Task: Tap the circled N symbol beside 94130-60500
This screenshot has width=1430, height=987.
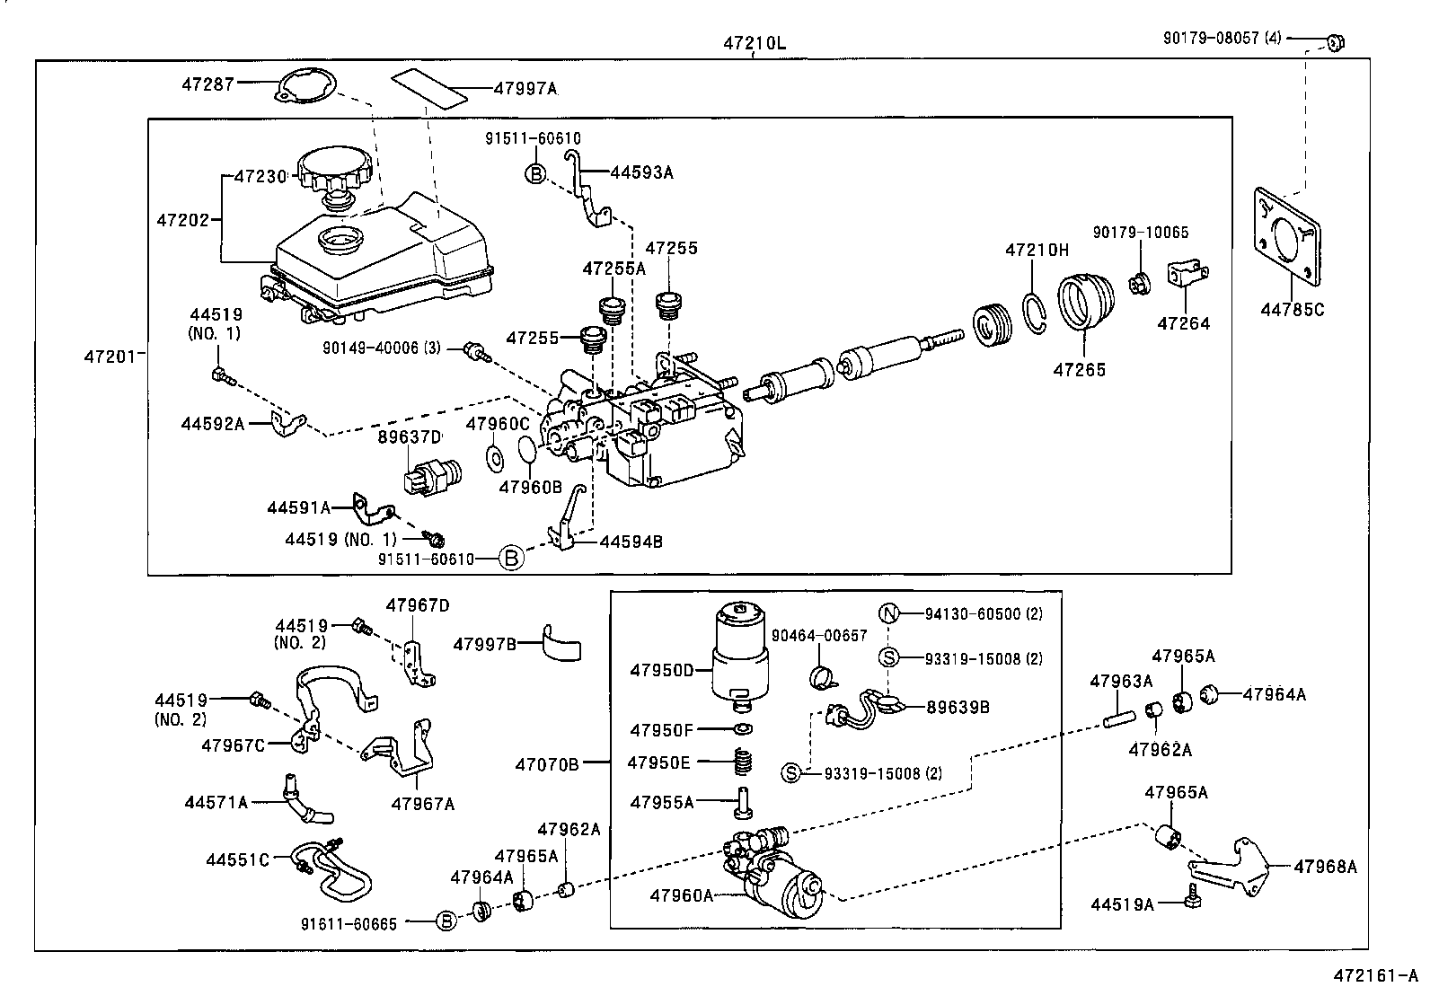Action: pyautogui.click(x=888, y=614)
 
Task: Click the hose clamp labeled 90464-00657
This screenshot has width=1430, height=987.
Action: pyautogui.click(x=824, y=676)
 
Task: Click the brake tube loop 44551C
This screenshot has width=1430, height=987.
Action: pyautogui.click(x=334, y=869)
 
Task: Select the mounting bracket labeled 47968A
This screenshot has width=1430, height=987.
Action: pyautogui.click(x=1235, y=868)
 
